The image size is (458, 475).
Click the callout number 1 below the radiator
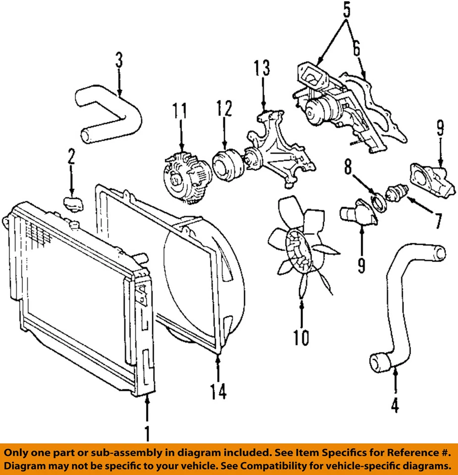pos(147,433)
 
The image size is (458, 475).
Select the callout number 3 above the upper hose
pos(119,61)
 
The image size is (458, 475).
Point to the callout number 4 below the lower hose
pos(395,406)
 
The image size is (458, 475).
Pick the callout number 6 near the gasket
pos(356,49)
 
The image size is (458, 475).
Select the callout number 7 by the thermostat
pos(438,220)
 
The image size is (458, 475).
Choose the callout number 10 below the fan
pos(301,337)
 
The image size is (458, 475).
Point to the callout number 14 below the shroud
pos(218,391)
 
